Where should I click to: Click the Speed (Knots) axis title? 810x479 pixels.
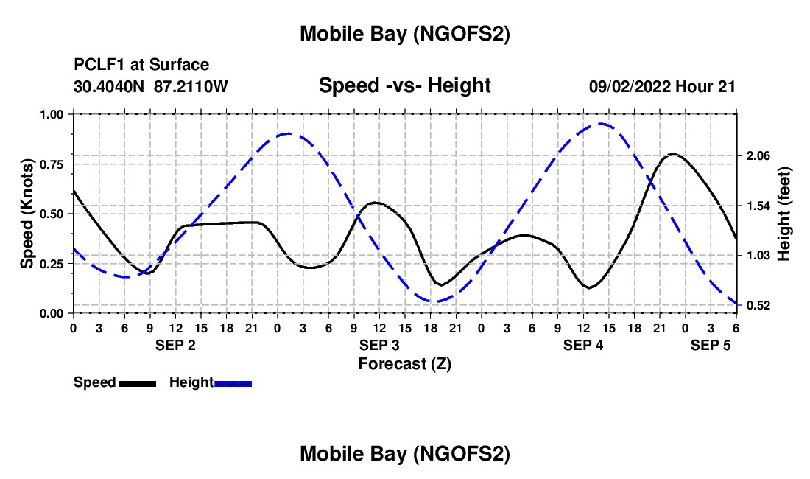click(x=27, y=214)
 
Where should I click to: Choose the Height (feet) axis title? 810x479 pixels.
click(x=783, y=214)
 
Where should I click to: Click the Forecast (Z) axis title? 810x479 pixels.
click(x=404, y=363)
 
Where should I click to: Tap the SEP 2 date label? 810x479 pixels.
click(x=175, y=345)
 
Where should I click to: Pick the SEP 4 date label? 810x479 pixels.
click(x=583, y=345)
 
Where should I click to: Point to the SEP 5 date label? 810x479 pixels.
click(x=711, y=345)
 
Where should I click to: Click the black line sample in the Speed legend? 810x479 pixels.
click(x=138, y=382)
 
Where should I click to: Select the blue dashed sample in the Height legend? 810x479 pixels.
click(x=233, y=382)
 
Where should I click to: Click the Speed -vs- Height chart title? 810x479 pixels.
click(x=404, y=85)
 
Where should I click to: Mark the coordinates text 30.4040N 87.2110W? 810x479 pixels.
click(x=151, y=86)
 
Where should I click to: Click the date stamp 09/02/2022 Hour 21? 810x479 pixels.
click(x=662, y=86)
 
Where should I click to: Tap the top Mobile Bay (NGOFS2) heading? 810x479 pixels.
click(x=404, y=34)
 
